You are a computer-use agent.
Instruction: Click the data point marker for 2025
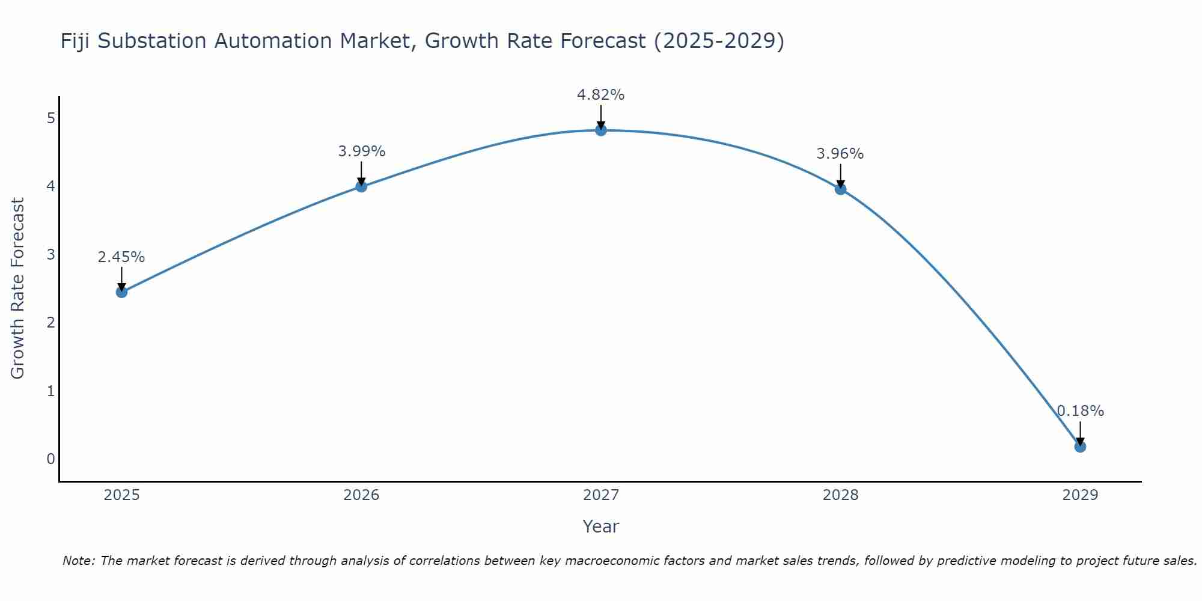point(121,292)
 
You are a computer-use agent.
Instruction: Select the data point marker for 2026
point(361,186)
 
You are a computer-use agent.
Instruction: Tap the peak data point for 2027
point(601,130)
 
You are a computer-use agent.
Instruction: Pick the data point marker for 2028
point(841,189)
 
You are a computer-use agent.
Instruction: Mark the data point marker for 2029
point(1080,447)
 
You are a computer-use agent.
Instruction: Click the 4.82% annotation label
point(601,95)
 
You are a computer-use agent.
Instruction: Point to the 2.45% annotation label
point(121,257)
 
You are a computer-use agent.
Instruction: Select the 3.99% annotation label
point(361,151)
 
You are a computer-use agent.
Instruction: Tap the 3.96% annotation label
point(840,154)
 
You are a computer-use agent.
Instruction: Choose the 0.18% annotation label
point(1080,411)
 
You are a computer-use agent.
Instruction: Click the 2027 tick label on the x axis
point(601,495)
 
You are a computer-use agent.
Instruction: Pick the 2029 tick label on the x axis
point(1080,495)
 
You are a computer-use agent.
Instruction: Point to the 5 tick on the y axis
point(50,118)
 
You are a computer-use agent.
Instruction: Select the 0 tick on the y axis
point(50,459)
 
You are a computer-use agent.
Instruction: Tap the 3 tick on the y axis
point(50,254)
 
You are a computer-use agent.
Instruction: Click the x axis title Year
point(601,526)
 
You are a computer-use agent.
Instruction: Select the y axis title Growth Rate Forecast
point(18,288)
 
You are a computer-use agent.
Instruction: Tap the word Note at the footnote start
point(78,561)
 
